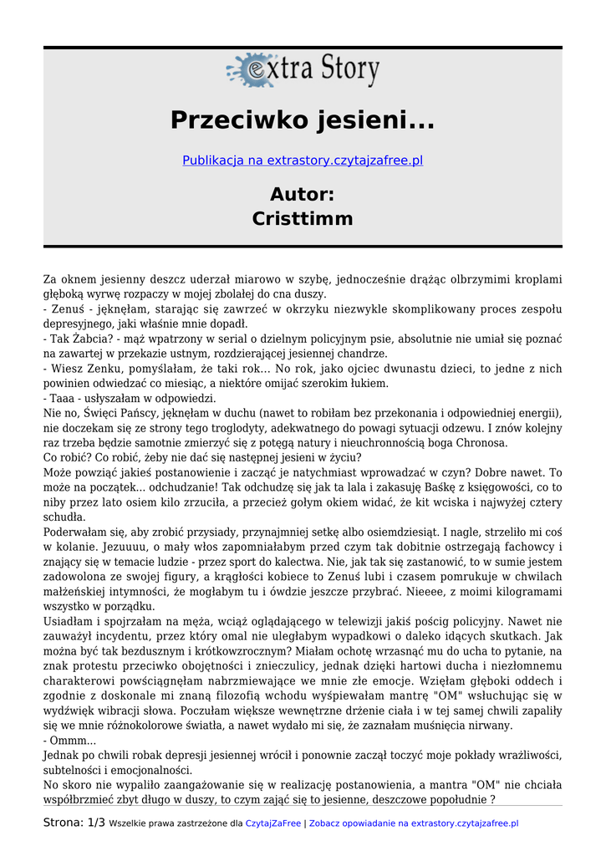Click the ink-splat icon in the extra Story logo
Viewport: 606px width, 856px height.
tap(248, 69)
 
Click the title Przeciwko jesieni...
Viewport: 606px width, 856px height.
tap(303, 120)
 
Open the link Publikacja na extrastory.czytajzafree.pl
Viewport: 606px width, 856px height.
tap(303, 160)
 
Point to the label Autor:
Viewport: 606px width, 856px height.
tap(303, 194)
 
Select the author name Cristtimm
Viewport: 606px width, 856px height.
tap(303, 219)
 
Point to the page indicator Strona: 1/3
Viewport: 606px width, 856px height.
tap(74, 823)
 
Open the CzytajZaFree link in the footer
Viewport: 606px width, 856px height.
tap(272, 823)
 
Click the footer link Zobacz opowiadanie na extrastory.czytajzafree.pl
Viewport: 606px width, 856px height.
tap(414, 823)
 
